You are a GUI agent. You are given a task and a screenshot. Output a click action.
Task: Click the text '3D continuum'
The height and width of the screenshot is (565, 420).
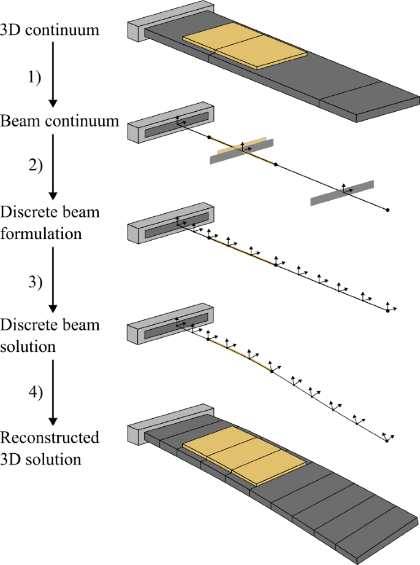coord(50,29)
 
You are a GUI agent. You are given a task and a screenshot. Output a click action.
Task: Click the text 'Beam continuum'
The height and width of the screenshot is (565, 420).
coord(59,120)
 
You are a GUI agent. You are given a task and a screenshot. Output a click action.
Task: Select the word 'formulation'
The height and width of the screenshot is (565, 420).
coord(42,233)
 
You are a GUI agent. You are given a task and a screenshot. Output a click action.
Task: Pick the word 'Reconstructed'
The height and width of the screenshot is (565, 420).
coord(50,438)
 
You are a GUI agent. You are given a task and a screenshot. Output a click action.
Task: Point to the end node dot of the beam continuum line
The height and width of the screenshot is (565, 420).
coord(388,211)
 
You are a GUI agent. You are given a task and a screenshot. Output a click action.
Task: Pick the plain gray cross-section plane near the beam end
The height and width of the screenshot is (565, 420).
coord(343,192)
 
